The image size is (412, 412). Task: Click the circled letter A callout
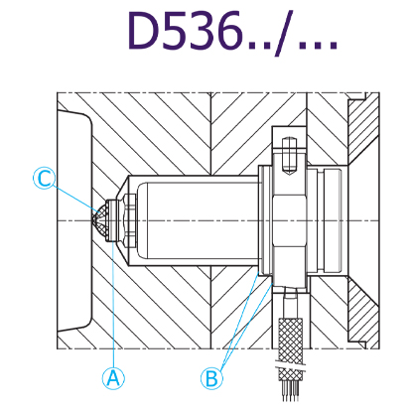[x=113, y=378]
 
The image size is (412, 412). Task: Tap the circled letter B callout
[x=211, y=378]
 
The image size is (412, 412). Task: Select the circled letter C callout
[x=44, y=179]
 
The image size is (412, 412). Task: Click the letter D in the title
[x=144, y=31]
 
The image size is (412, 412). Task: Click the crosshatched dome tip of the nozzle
[x=101, y=221]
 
